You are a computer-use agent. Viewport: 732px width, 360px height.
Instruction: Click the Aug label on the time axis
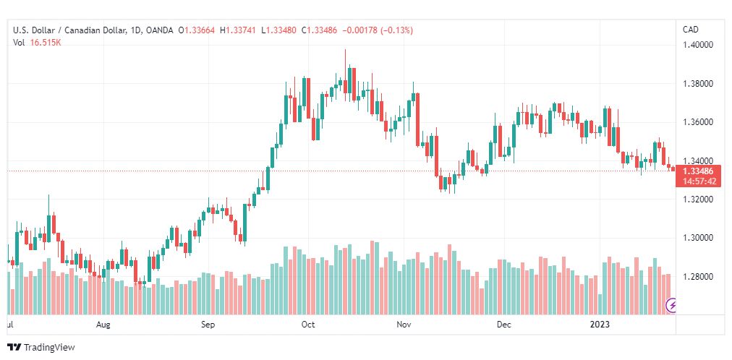(x=103, y=325)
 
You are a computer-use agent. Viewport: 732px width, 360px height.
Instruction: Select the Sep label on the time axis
(x=208, y=325)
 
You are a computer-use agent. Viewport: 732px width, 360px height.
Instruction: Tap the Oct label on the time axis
(x=308, y=325)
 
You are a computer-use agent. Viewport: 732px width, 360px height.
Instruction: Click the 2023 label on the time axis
(x=600, y=325)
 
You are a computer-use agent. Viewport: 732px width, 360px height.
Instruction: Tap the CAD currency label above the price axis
(x=691, y=30)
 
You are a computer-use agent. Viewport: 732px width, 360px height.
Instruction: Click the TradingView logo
(x=41, y=348)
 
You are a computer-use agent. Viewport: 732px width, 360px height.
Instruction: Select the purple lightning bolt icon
(x=671, y=306)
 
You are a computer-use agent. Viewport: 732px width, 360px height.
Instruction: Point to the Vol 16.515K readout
(x=38, y=43)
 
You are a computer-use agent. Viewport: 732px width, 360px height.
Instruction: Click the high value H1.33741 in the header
(x=238, y=30)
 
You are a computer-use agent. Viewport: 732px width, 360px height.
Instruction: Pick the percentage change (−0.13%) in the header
(x=397, y=30)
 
